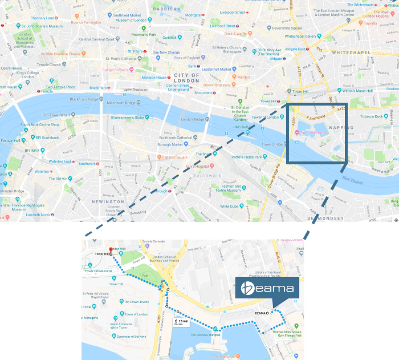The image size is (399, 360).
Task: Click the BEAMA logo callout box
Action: tap(267, 288)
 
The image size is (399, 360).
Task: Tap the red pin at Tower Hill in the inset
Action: tap(111, 250)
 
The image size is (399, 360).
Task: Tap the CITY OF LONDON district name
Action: tap(187, 78)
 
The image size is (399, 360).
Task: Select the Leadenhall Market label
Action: tap(215, 69)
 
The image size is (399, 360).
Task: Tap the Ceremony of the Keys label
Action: tap(133, 337)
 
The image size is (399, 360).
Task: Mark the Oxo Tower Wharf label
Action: tap(55, 115)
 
